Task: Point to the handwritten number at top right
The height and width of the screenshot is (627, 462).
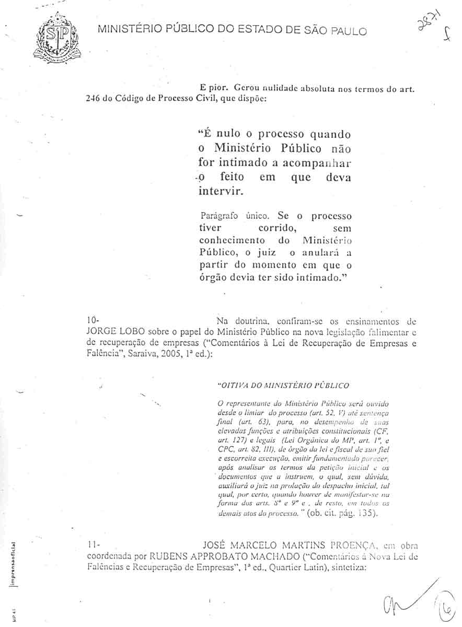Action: click(x=423, y=26)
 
